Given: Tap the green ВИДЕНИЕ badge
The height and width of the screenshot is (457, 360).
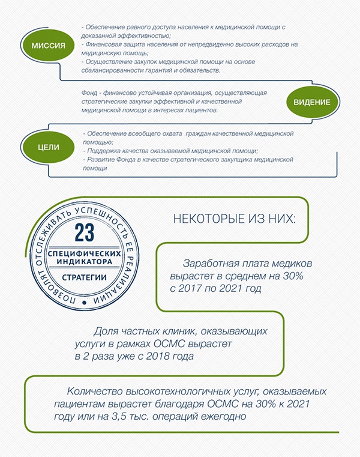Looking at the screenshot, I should (311, 102).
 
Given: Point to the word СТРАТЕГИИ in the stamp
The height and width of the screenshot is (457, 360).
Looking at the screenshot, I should (85, 277).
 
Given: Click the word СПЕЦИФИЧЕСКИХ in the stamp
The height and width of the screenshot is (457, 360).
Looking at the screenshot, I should (85, 253).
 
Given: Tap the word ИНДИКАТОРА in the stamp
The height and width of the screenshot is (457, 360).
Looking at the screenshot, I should (85, 262).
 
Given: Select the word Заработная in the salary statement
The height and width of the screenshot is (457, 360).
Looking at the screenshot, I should (211, 264).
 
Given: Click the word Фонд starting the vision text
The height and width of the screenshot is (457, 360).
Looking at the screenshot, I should (90, 94).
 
